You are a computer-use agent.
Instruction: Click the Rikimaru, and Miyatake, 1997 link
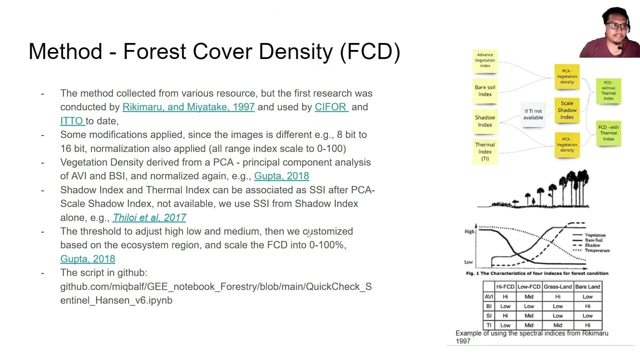click(x=188, y=107)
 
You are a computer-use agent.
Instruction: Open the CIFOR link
click(x=331, y=107)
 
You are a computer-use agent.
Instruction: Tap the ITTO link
click(x=72, y=121)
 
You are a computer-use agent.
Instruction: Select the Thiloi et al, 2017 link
click(x=149, y=217)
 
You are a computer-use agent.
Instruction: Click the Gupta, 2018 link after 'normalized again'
click(x=281, y=176)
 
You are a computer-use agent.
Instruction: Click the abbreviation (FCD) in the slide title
click(x=370, y=52)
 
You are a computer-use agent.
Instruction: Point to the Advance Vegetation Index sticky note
click(x=485, y=60)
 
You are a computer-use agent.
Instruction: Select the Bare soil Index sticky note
click(x=485, y=90)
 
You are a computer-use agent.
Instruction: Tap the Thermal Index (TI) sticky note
click(x=485, y=151)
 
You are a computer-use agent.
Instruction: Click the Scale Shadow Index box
click(x=566, y=110)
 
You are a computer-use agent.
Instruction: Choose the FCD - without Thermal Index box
click(x=608, y=90)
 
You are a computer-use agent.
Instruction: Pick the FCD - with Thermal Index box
click(x=608, y=133)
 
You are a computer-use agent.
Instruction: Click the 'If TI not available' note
click(x=533, y=114)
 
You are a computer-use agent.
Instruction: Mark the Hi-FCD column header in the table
click(x=505, y=286)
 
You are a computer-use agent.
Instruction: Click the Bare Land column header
click(x=587, y=286)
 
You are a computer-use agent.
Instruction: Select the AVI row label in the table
click(x=488, y=296)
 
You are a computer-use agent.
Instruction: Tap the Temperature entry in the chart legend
click(x=597, y=250)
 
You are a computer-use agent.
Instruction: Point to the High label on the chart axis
click(x=469, y=231)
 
